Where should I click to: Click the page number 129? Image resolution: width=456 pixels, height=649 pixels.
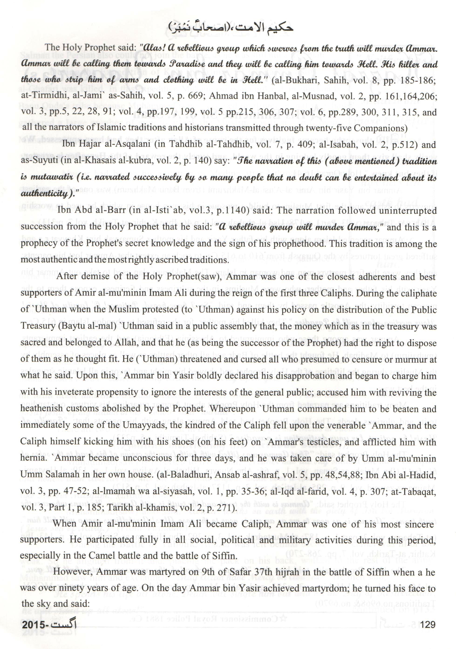point(428,624)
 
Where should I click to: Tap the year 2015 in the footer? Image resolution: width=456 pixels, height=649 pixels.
point(33,624)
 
